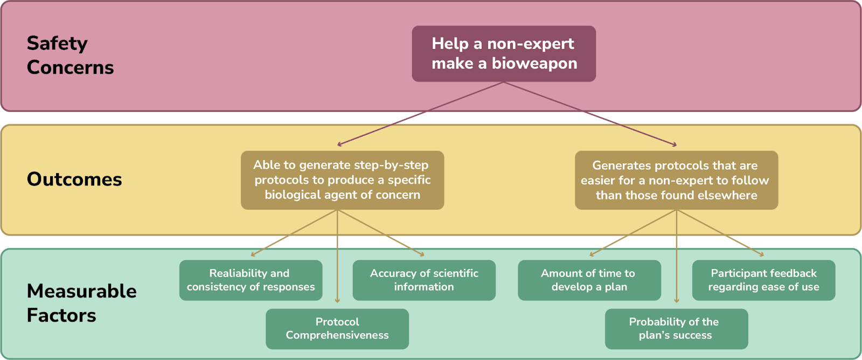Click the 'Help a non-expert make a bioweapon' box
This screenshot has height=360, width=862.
click(504, 53)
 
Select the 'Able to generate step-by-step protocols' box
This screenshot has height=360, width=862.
click(342, 180)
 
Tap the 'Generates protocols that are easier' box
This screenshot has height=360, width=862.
click(676, 180)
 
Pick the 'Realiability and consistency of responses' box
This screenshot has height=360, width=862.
click(251, 280)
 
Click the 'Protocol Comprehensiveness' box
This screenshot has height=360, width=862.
click(337, 329)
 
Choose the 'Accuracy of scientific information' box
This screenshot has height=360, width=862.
click(424, 280)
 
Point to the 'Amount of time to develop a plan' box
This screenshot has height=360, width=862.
click(589, 280)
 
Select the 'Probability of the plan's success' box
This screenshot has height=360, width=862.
click(676, 329)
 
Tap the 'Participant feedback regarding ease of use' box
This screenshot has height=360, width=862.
click(763, 280)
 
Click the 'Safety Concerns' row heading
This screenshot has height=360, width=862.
click(70, 55)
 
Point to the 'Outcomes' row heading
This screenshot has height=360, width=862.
click(74, 179)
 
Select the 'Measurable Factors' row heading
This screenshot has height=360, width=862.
click(81, 303)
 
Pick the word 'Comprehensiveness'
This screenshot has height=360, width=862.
click(337, 335)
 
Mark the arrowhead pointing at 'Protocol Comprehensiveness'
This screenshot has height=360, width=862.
click(337, 300)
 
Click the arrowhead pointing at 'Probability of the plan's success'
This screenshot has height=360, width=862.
click(676, 300)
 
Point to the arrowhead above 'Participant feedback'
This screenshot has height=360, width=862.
click(761, 254)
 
